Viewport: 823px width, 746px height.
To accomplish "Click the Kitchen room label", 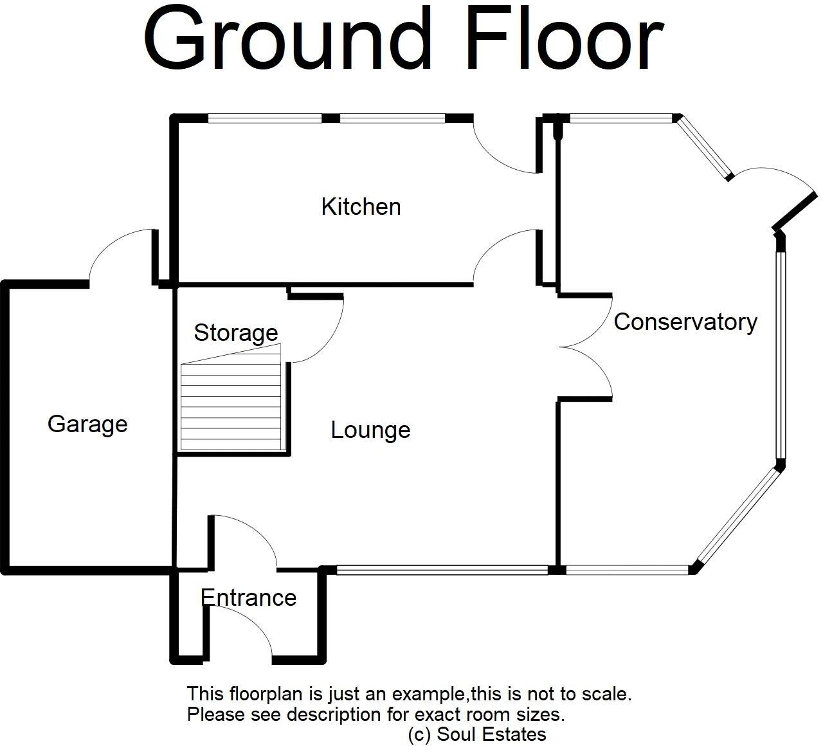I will pos(361,206).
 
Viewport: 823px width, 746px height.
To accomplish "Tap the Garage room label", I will pos(87,424).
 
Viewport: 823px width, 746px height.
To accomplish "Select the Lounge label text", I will pos(370,430).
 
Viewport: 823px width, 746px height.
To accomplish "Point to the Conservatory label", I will pos(685,322).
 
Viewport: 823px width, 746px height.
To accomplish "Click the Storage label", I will pos(236,332).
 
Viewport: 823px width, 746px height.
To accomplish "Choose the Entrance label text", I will pos(249,597).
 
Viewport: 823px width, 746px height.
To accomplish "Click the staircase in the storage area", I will pos(231,405).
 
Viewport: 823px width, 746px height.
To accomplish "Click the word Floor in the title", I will pos(566,40).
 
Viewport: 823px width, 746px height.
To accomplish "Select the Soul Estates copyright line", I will pos(477,734).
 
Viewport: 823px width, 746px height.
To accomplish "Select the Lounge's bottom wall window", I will pos(442,569).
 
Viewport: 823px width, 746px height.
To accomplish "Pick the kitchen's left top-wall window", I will pos(264,118).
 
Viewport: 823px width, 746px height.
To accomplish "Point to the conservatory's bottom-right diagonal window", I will pos(738,518).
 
